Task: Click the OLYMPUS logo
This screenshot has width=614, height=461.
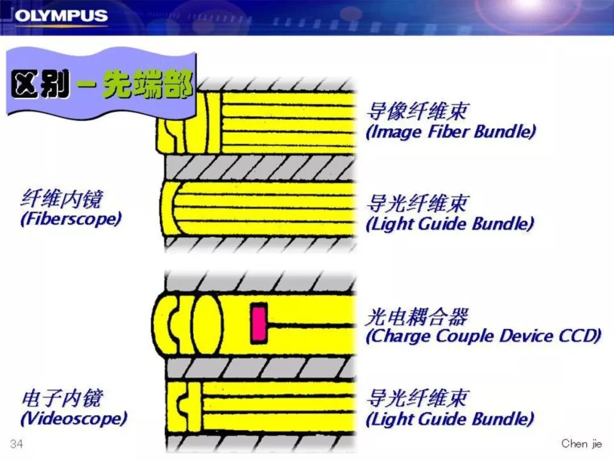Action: click(x=61, y=15)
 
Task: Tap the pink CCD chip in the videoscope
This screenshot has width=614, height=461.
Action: click(x=259, y=323)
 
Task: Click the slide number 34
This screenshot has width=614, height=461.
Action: click(x=16, y=444)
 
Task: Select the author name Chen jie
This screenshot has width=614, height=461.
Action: click(x=582, y=443)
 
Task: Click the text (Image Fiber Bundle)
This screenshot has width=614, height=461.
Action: click(x=450, y=132)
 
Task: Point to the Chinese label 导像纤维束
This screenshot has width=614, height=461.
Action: click(x=417, y=111)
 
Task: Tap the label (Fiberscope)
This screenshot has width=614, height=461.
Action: click(x=71, y=220)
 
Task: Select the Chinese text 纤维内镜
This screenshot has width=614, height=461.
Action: click(x=62, y=199)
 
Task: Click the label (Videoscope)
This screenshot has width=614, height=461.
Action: click(x=73, y=419)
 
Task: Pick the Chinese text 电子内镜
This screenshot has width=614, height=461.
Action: click(x=62, y=398)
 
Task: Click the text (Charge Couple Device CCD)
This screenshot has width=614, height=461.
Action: click(x=483, y=336)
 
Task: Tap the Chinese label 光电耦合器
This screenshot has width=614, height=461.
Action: click(x=417, y=316)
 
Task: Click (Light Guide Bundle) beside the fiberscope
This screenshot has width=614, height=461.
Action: click(x=450, y=224)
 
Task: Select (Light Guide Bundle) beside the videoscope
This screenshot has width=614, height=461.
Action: click(x=450, y=419)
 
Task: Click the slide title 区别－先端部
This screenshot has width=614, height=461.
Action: click(x=101, y=86)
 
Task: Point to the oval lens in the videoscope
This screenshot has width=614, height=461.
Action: click(x=206, y=323)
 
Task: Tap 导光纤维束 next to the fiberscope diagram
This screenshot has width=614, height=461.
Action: click(x=417, y=203)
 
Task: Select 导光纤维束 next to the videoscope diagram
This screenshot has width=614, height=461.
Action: click(x=417, y=398)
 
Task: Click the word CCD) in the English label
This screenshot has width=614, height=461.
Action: click(x=580, y=336)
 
